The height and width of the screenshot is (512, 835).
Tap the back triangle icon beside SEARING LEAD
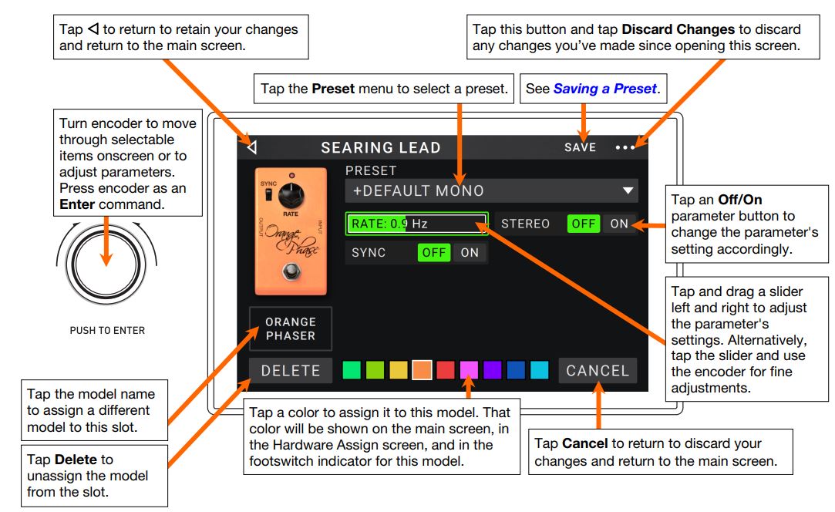252,147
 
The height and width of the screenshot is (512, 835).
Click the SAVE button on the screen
580,147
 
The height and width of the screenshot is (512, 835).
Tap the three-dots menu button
625,147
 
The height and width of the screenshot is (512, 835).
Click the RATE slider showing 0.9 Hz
416,224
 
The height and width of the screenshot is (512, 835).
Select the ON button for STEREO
619,224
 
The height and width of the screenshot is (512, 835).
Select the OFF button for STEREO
584,224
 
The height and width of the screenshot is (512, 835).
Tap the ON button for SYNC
470,252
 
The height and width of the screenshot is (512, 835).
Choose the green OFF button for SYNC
434,252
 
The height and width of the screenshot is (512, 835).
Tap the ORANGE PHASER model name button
291,328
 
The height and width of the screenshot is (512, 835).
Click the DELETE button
291,371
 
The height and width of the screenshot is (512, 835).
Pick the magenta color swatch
469,371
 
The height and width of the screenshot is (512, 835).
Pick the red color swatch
446,371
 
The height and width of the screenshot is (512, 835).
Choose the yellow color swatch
399,371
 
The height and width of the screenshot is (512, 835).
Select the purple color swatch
493,371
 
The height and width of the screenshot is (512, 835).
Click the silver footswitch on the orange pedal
291,271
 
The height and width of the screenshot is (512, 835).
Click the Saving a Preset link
604,89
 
